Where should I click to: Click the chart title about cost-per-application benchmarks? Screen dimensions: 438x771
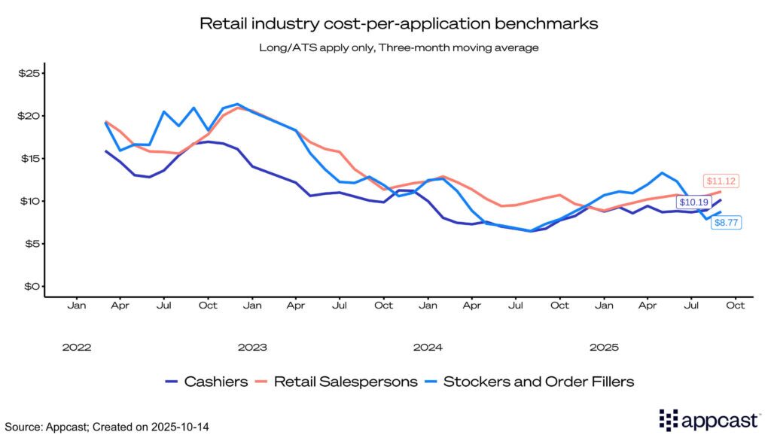click(398, 23)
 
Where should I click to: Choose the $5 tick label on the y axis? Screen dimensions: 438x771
click(31, 244)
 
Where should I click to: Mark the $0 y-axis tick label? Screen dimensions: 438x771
click(31, 287)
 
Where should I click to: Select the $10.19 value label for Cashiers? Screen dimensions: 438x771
click(694, 202)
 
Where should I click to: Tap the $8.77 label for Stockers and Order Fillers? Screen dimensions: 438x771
click(726, 243)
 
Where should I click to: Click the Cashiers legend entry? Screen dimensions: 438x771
click(206, 382)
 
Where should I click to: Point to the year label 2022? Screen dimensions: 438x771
click(77, 348)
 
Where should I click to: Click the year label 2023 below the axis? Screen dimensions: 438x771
click(252, 348)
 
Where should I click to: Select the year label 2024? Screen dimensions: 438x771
click(428, 348)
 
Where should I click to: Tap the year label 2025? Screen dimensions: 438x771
click(604, 348)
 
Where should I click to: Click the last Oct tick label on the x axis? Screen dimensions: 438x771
click(736, 306)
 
